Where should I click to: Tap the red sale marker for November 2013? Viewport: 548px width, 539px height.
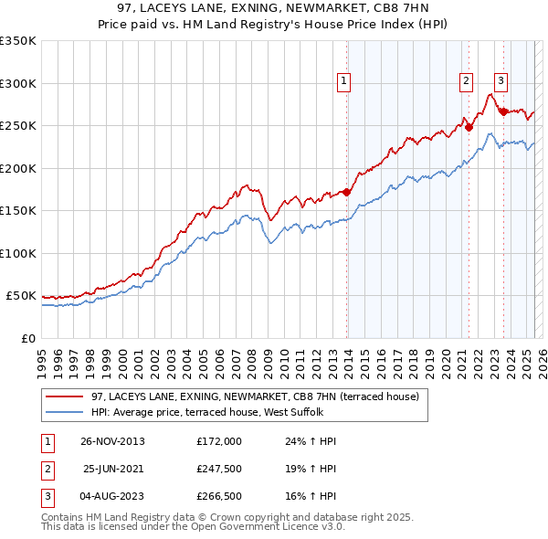click(x=347, y=192)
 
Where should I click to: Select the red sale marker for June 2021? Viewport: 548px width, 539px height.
click(x=469, y=128)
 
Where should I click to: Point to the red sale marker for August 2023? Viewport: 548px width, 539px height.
click(x=503, y=111)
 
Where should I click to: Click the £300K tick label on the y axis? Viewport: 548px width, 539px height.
click(x=17, y=83)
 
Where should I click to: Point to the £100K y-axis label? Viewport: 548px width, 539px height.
click(x=17, y=253)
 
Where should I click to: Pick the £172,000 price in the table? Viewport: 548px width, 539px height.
click(x=219, y=441)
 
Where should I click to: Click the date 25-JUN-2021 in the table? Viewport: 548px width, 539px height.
click(x=114, y=469)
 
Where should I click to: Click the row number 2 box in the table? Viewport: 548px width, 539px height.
click(x=47, y=469)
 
